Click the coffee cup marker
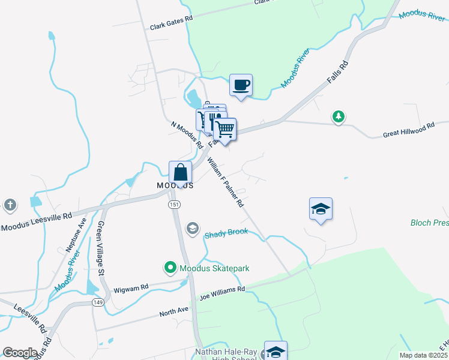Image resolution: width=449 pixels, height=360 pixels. click(241, 85)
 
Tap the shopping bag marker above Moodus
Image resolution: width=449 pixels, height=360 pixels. click(180, 173)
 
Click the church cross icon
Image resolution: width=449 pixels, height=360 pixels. click(10, 205)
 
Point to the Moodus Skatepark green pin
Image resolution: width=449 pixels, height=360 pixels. click(170, 268)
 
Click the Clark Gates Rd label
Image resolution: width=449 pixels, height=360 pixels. click(171, 23)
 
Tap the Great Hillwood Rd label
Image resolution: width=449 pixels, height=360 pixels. click(408, 128)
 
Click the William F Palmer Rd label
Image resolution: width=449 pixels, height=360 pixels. click(226, 182)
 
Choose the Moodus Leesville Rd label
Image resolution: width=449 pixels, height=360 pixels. click(37, 221)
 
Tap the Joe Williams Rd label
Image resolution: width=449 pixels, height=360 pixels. click(223, 292)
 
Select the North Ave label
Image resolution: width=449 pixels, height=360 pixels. click(173, 312)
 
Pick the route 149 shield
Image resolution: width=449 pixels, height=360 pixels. click(97, 302)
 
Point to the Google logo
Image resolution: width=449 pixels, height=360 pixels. click(20, 353)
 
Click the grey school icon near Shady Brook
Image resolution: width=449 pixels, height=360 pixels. click(193, 227)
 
